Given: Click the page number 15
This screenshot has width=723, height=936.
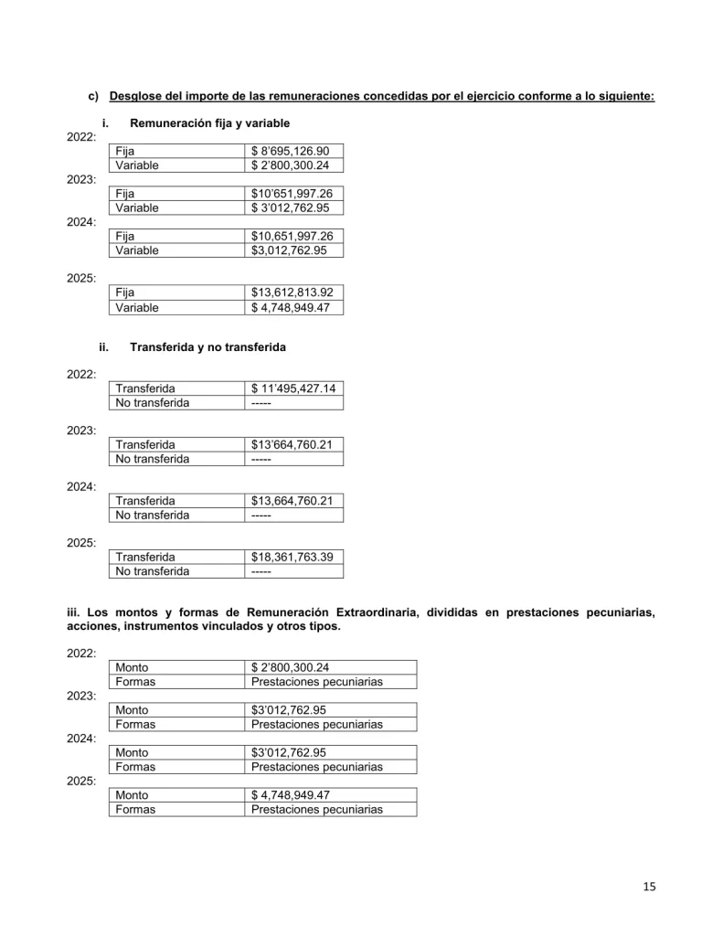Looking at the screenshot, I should [649, 886].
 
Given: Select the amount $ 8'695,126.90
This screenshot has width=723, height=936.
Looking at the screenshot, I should [291, 151].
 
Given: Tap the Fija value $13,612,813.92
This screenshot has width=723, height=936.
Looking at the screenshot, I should [292, 292].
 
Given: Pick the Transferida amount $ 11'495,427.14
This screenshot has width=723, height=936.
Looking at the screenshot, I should [293, 388].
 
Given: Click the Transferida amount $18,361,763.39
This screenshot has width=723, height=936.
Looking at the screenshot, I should [292, 557].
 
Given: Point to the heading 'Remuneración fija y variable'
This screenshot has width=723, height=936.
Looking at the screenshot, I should [210, 122].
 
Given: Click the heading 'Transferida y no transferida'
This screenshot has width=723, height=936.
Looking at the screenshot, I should [207, 347].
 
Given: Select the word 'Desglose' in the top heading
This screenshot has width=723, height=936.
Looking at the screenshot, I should [138, 96].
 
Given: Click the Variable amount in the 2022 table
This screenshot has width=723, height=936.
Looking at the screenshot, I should [291, 165].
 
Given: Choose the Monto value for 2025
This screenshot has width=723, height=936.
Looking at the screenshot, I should [291, 795].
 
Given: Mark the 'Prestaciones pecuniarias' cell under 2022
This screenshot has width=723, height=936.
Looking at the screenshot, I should [317, 682].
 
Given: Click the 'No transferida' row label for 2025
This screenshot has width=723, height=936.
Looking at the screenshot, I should [153, 571].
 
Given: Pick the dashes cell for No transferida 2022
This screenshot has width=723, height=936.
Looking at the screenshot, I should [261, 403].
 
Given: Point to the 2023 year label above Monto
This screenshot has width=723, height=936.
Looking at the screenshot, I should [81, 696].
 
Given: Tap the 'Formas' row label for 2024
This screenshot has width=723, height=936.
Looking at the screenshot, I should [135, 767].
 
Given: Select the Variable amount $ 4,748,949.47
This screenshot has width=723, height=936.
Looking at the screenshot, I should [291, 308].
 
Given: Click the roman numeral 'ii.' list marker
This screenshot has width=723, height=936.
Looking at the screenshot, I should [103, 347].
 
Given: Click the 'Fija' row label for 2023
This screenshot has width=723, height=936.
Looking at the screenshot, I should [125, 193].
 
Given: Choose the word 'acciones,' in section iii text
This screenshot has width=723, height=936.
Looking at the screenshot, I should [93, 626].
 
